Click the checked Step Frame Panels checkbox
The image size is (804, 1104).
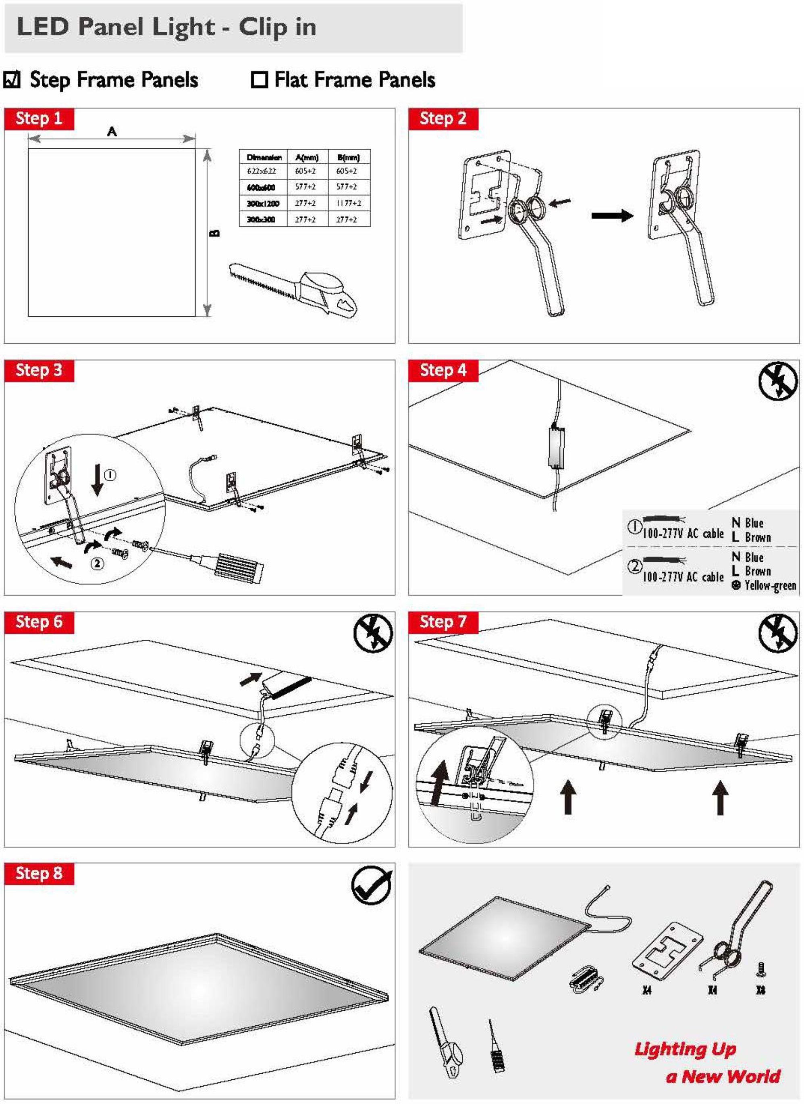point(12,80)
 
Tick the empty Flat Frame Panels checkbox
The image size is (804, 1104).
point(259,80)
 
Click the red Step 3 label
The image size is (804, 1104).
point(39,370)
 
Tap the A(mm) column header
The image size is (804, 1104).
point(307,157)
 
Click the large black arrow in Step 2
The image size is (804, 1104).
point(612,216)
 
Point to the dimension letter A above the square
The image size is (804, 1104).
point(112,131)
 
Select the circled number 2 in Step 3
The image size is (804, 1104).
point(98,563)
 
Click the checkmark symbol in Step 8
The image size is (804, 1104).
point(371,885)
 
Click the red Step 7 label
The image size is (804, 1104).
point(443,622)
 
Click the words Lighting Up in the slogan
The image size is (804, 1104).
point(685,1048)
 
